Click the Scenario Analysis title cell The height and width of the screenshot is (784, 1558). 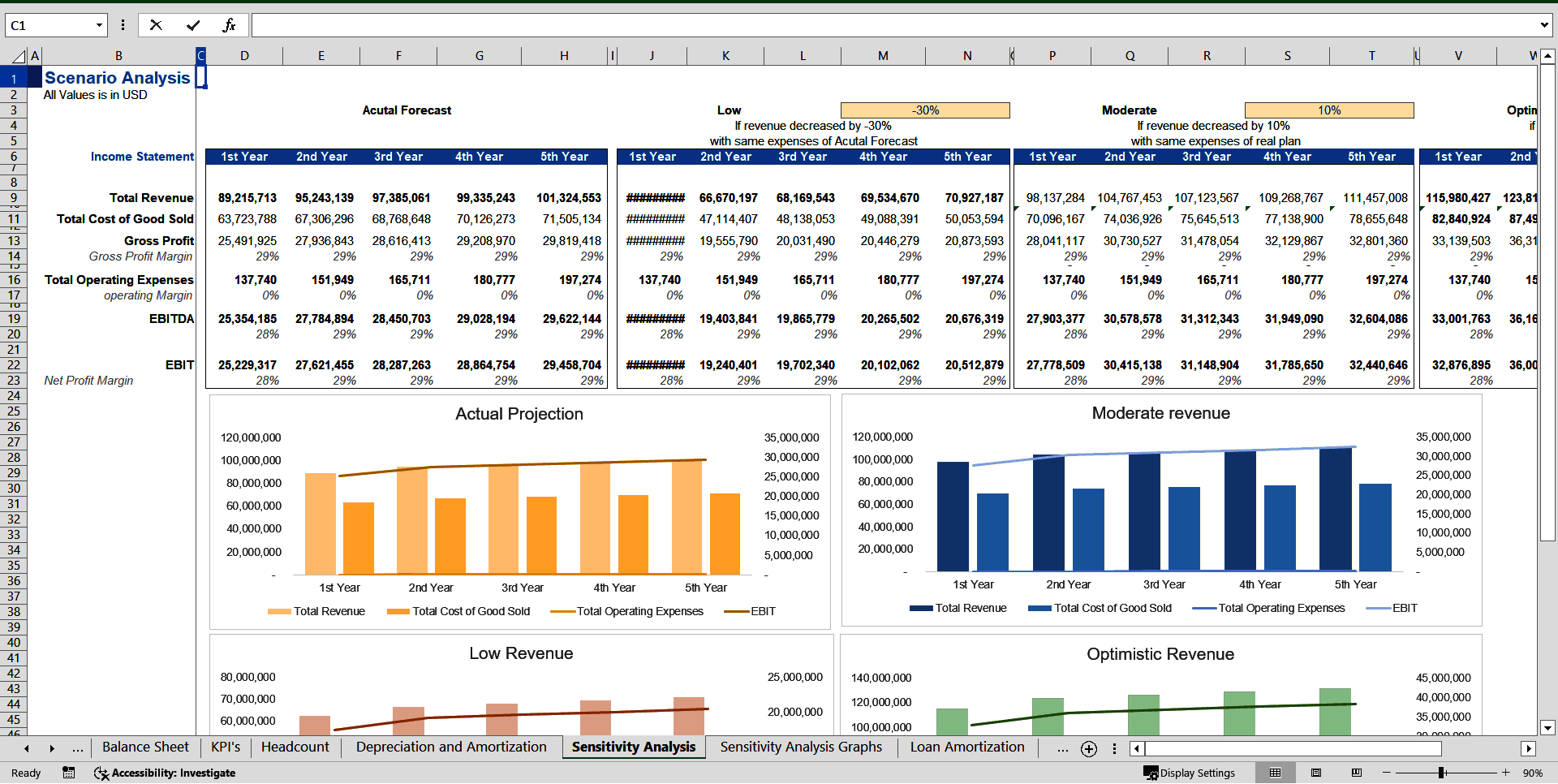pyautogui.click(x=117, y=78)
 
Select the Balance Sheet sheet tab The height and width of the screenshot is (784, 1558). pyautogui.click(x=145, y=747)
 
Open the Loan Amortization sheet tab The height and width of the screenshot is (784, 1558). pyautogui.click(x=966, y=747)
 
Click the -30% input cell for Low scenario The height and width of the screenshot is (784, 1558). pyautogui.click(x=925, y=110)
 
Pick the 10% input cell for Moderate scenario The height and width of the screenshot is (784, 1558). pyautogui.click(x=1328, y=110)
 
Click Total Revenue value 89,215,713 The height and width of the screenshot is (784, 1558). pyautogui.click(x=247, y=198)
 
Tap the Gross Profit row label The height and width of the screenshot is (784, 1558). pyautogui.click(x=158, y=241)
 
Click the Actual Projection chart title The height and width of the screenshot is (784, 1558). pyautogui.click(x=519, y=414)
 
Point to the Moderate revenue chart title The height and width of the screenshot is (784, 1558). pyautogui.click(x=1160, y=413)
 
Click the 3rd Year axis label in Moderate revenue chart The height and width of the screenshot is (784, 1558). pyautogui.click(x=1164, y=584)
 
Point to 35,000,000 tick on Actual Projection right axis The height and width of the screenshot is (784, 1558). pyautogui.click(x=791, y=437)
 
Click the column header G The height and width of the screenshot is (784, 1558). pyautogui.click(x=479, y=56)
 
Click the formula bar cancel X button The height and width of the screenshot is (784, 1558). pyautogui.click(x=156, y=25)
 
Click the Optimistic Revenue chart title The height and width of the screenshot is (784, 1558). pyautogui.click(x=1160, y=654)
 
